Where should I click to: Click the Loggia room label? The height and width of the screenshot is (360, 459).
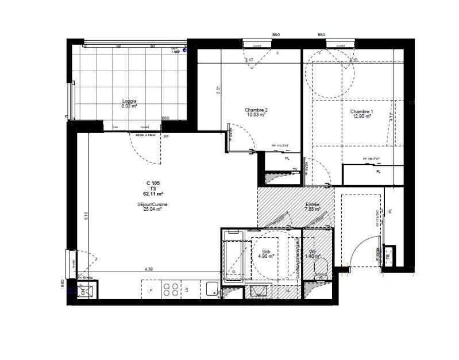tap(129, 101)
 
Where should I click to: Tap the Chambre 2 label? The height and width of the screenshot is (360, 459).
tap(256, 110)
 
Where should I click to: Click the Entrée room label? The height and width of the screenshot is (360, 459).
tap(313, 204)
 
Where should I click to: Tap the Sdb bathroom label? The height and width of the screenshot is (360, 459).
tap(266, 251)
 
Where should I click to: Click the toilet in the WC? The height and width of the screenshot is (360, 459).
tap(322, 267)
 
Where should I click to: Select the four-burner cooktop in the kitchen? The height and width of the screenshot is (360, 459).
tap(170, 289)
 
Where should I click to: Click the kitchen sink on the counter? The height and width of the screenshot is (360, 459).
tap(211, 289)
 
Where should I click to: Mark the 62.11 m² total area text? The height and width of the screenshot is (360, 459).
tap(153, 194)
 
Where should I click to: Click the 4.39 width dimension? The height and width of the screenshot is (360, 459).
tap(149, 269)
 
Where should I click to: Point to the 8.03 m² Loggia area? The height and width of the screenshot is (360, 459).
tap(129, 106)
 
